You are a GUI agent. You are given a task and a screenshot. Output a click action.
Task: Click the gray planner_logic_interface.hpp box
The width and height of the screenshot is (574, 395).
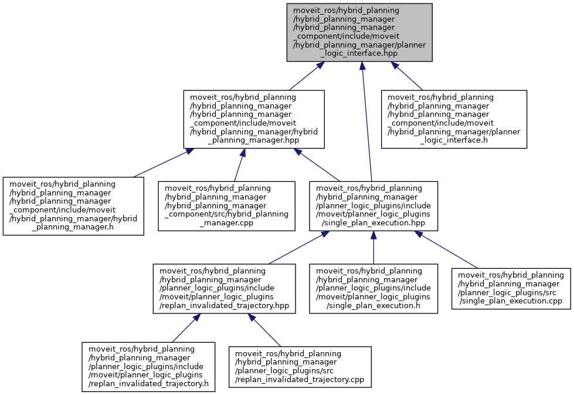[359, 32]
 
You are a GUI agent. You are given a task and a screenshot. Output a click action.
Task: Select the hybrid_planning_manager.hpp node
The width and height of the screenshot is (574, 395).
[254, 119]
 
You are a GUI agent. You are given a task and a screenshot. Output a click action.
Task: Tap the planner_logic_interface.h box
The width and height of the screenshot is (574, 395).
[454, 119]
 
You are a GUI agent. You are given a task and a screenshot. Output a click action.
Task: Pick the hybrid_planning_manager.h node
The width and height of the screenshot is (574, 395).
[73, 206]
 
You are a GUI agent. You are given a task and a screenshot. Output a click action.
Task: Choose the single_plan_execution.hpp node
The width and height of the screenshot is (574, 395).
[373, 206]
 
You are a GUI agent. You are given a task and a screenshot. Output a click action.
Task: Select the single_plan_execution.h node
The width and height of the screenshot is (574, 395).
[373, 288]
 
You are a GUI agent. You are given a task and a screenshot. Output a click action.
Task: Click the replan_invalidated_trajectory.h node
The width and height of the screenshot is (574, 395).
[145, 367]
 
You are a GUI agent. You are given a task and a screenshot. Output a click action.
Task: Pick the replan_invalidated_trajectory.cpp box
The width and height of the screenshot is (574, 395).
[300, 367]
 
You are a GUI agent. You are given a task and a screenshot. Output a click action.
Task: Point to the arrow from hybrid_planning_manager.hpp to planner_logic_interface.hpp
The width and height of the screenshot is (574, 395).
[303, 76]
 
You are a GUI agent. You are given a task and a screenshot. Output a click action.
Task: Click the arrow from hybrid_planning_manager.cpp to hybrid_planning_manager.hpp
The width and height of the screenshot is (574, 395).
[239, 165]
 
